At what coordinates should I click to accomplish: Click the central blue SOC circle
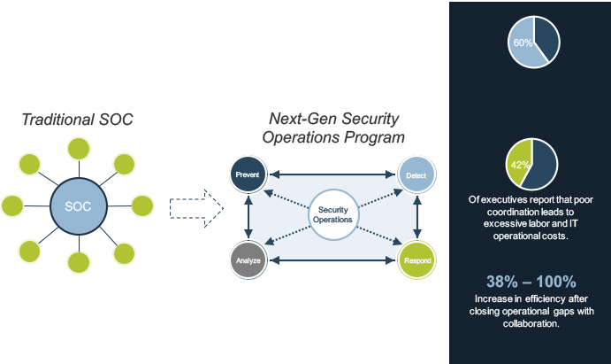pyautogui.click(x=79, y=206)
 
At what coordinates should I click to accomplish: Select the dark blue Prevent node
pyautogui.click(x=248, y=174)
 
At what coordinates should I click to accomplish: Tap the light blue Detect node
pyautogui.click(x=416, y=174)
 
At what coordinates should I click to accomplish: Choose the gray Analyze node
pyautogui.click(x=248, y=260)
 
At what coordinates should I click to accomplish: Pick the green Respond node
pyautogui.click(x=416, y=260)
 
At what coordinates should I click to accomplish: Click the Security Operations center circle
pyautogui.click(x=333, y=214)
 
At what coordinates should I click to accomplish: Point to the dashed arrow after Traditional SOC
pyautogui.click(x=196, y=208)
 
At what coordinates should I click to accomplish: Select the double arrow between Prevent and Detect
pyautogui.click(x=332, y=174)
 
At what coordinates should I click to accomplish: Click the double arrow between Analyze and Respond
pyautogui.click(x=332, y=260)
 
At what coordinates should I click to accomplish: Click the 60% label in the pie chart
pyautogui.click(x=523, y=43)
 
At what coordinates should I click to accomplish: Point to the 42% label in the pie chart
pyautogui.click(x=520, y=165)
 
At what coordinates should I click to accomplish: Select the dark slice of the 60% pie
pyautogui.click(x=546, y=38)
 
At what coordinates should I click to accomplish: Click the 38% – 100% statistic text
pyautogui.click(x=531, y=282)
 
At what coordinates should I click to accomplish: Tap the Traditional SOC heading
pyautogui.click(x=77, y=120)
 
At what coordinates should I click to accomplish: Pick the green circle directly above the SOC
pyautogui.click(x=79, y=149)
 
